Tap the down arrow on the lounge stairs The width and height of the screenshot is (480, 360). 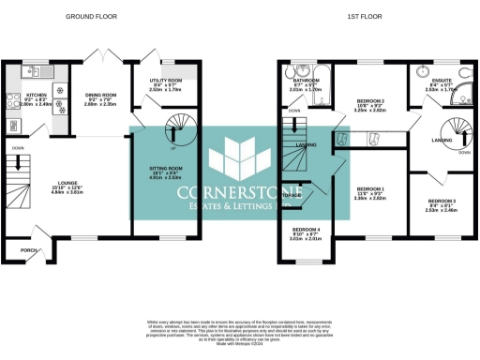pyautogui.click(x=16, y=147)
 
